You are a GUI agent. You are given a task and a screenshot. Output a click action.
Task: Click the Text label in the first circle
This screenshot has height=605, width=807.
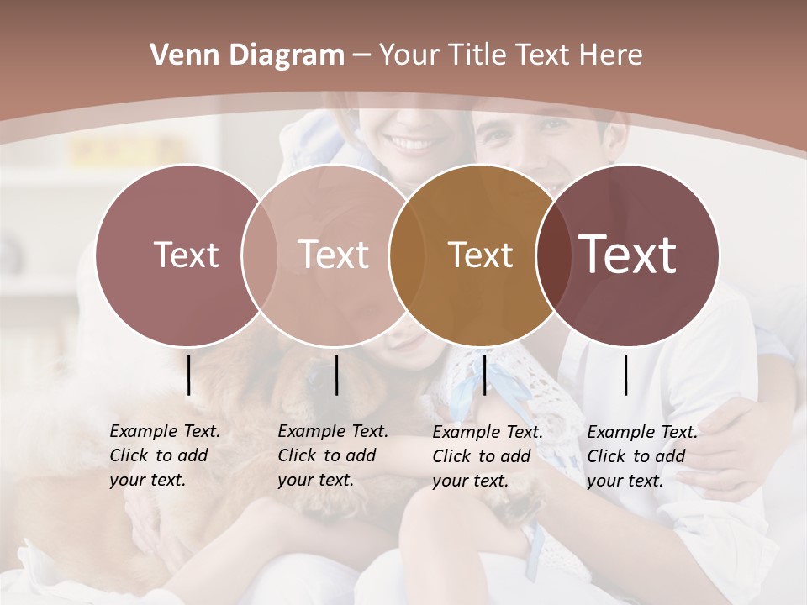coord(186,255)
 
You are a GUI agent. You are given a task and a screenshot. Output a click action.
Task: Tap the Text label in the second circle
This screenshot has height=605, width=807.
coord(333,255)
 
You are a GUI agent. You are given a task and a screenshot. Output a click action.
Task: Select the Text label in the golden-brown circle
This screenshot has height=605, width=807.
coord(480,255)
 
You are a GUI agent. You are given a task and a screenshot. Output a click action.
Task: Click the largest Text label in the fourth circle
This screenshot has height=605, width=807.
coord(628,254)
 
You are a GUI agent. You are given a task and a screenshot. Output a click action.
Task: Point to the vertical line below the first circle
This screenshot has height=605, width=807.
coord(188,375)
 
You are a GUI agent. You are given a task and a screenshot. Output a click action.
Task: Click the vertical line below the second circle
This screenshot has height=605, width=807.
coord(336,375)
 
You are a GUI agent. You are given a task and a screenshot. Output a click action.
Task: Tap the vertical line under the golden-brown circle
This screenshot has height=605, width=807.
coord(484,375)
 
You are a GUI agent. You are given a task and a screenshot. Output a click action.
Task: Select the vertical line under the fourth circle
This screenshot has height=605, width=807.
coord(626,375)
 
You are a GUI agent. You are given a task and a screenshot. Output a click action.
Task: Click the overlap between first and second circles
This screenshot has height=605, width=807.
coord(259,255)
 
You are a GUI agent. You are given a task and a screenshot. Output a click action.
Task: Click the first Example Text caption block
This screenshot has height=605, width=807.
coord(164,456)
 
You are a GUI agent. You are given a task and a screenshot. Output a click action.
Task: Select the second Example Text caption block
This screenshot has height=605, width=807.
coord(332,456)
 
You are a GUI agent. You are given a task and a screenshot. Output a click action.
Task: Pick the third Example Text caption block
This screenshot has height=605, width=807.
coord(487,456)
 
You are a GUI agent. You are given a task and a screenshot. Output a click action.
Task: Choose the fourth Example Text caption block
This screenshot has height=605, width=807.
coord(641,456)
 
